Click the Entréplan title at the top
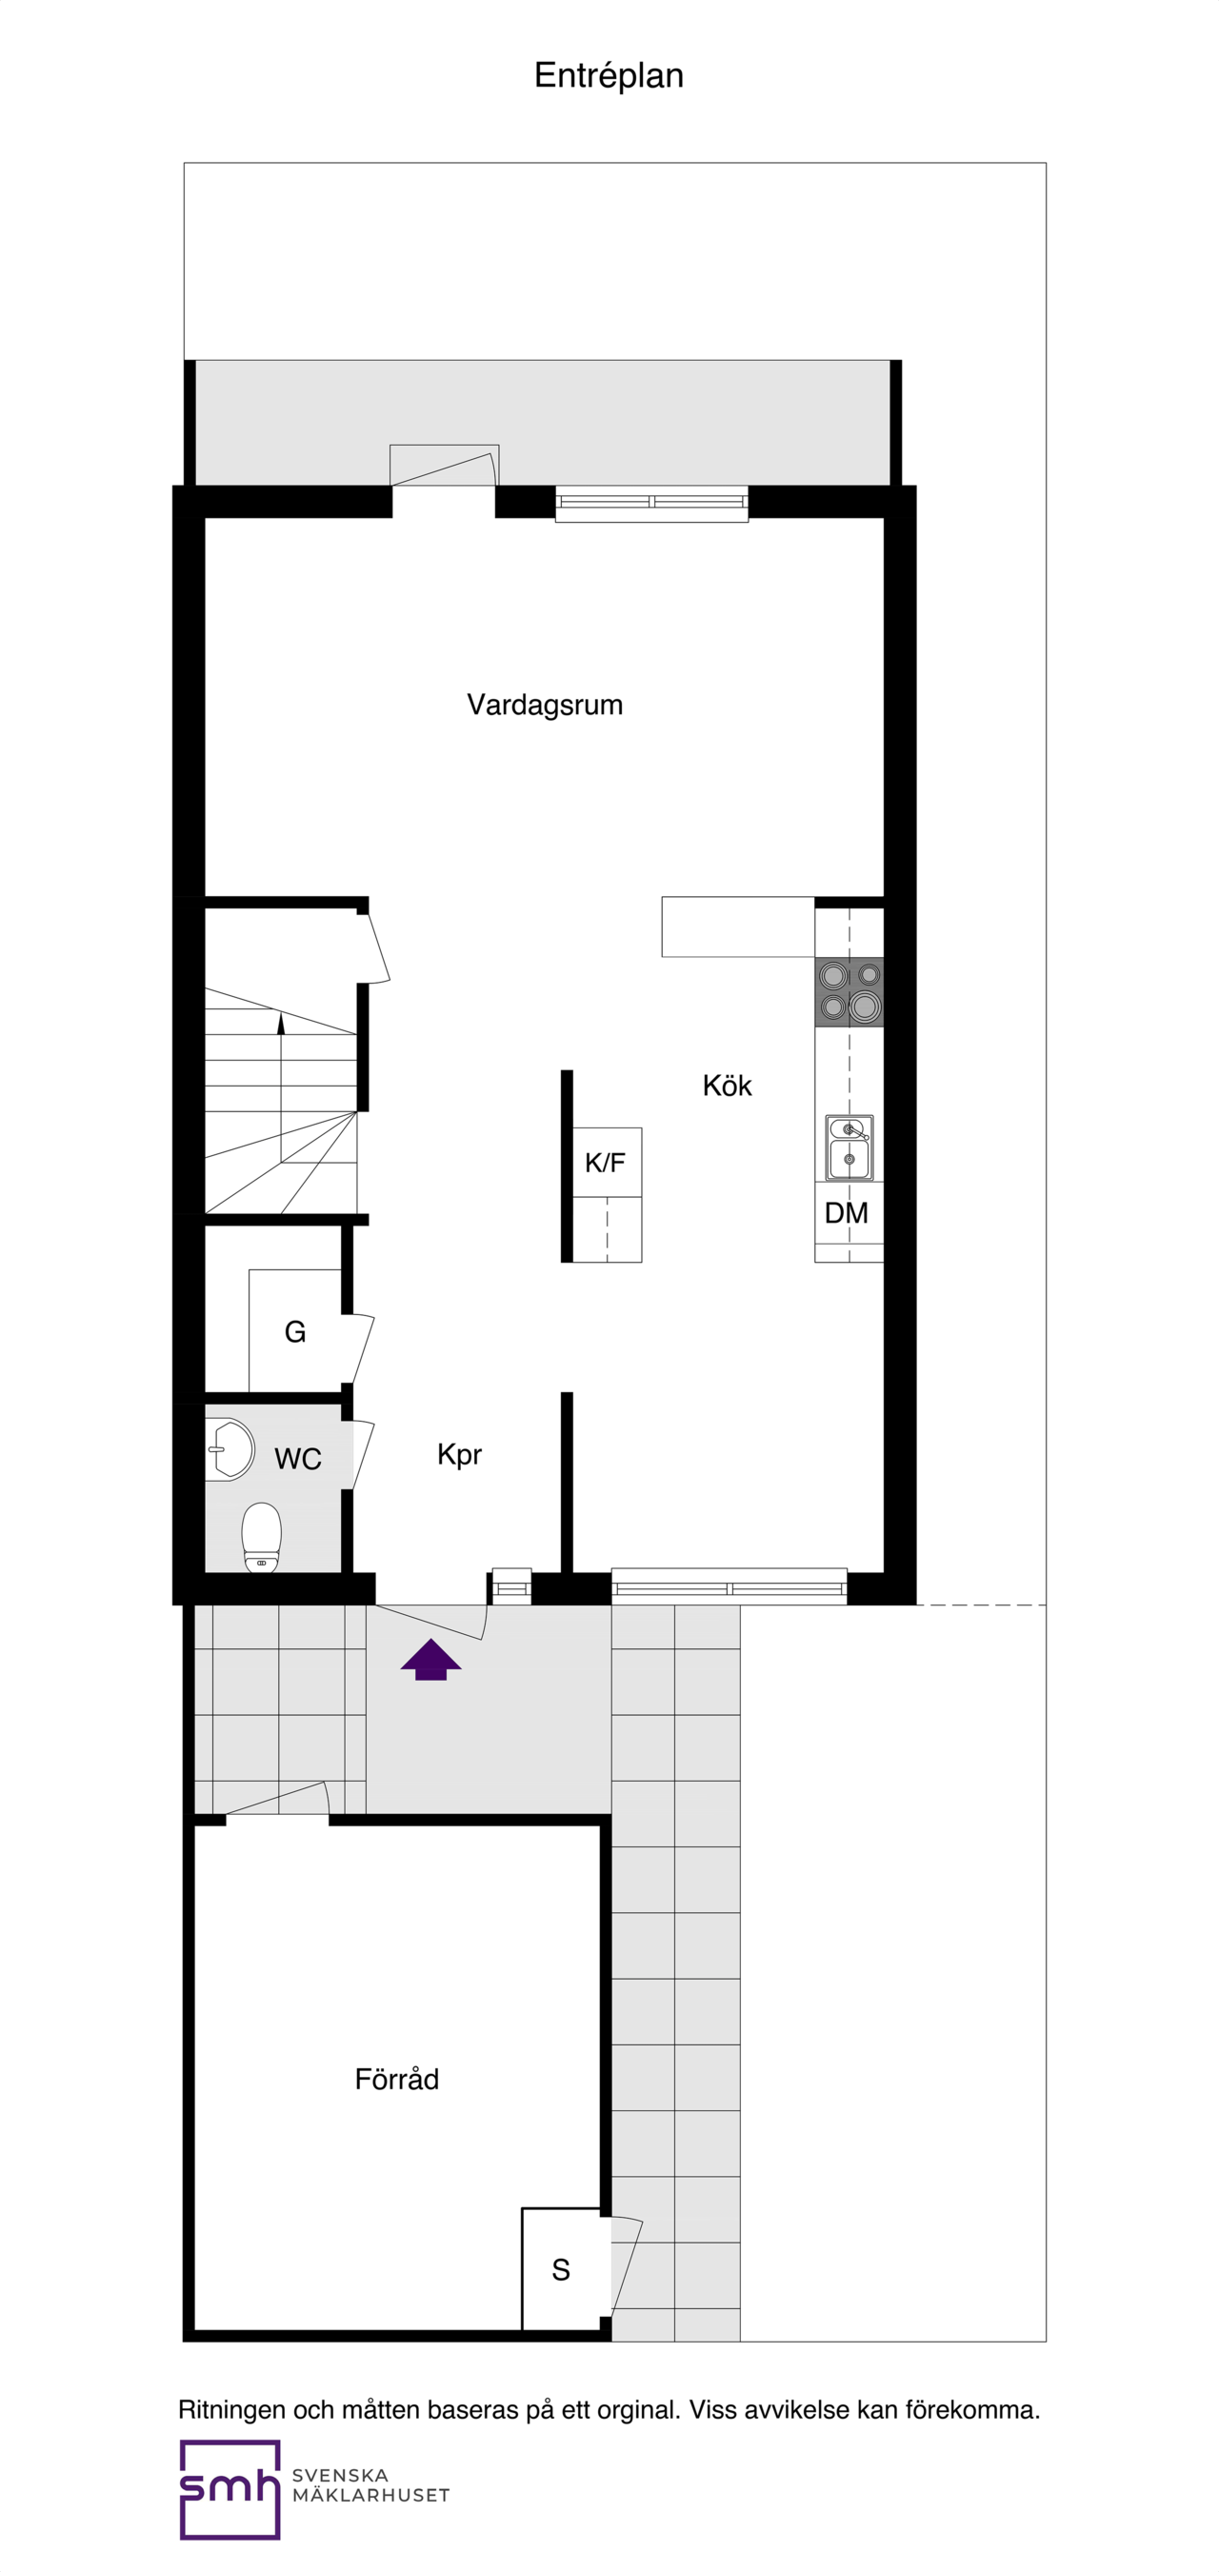tap(608, 76)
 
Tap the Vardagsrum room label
tap(544, 705)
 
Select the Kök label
tap(727, 1087)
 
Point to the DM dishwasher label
tap(847, 1213)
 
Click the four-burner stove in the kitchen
tap(849, 991)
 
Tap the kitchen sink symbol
tap(849, 1147)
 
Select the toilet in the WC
tap(262, 1537)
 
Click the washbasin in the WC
tap(231, 1448)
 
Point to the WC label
tap(297, 1460)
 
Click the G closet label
tap(294, 1332)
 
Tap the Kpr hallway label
tap(459, 1455)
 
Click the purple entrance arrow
tap(431, 1660)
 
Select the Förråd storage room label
tap(396, 2080)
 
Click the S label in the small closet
tap(561, 2270)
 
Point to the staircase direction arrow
tap(281, 1025)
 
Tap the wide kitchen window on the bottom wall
tap(729, 1586)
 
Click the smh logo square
tap(230, 2489)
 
